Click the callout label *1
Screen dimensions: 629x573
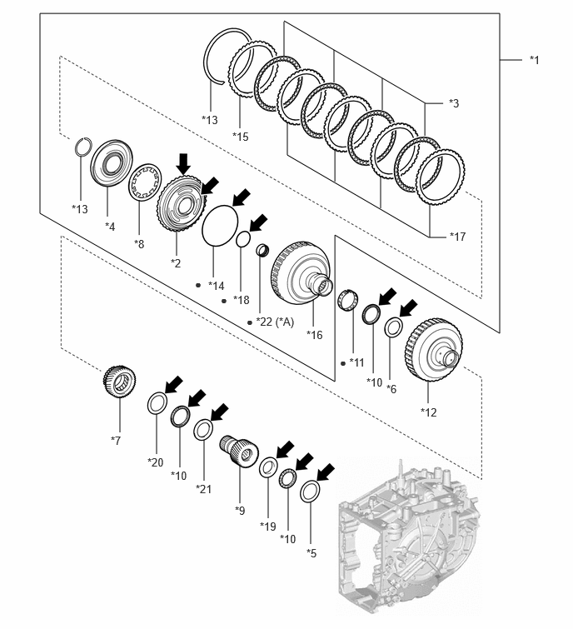coord(535,60)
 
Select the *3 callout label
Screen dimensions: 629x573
coord(454,103)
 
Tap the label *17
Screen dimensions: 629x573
coord(457,237)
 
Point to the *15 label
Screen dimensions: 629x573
coord(241,137)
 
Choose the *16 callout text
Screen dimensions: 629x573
coord(314,335)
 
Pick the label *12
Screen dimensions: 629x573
coord(429,412)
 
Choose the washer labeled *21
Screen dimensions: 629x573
coord(203,430)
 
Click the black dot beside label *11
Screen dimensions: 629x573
coord(343,363)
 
